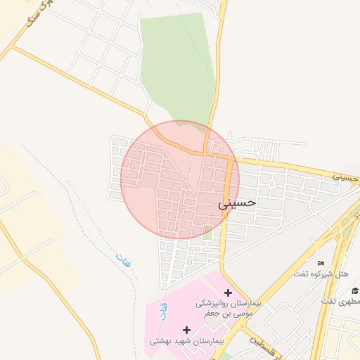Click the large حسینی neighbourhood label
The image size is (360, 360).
pyautogui.click(x=238, y=204)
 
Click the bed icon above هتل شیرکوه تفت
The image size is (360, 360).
pyautogui.click(x=321, y=263)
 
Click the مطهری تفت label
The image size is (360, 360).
pyautogui.click(x=340, y=302)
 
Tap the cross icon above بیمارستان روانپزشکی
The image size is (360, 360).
pyautogui.click(x=228, y=292)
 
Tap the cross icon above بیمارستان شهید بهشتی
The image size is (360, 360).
pyautogui.click(x=186, y=329)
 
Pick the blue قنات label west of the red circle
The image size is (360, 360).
pyautogui.click(x=124, y=258)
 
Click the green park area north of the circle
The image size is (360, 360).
pyautogui.click(x=176, y=63)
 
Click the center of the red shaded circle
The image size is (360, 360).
pyautogui.click(x=180, y=179)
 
